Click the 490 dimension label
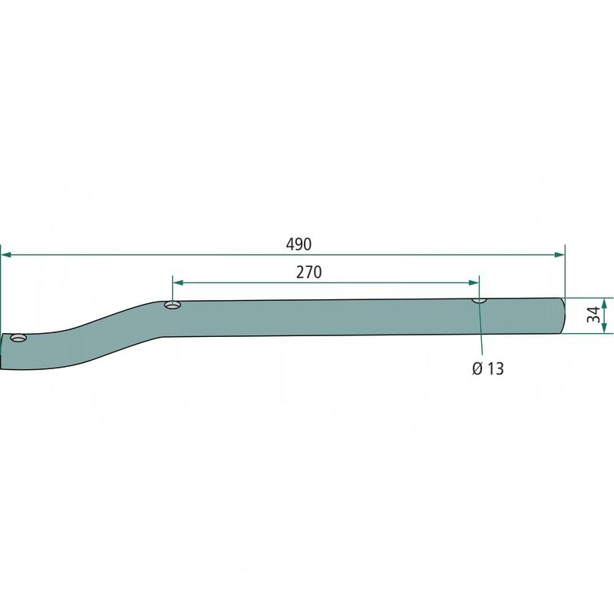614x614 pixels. [x=299, y=244]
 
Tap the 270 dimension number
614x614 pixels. [x=309, y=272]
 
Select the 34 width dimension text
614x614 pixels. [x=593, y=315]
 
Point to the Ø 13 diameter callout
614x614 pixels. [x=488, y=368]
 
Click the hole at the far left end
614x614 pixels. [x=18, y=338]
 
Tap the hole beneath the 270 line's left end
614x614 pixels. [x=172, y=304]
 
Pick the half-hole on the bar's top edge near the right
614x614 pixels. [x=479, y=300]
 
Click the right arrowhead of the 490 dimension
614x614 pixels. [x=560, y=255]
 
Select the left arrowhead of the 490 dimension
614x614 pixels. [x=7, y=255]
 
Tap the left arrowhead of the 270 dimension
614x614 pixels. [x=178, y=282]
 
